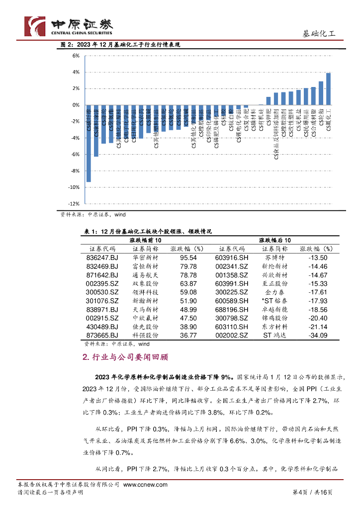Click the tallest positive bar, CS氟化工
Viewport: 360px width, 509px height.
click(328, 89)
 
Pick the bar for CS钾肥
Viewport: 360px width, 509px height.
click(269, 101)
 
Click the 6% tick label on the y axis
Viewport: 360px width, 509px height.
click(76, 56)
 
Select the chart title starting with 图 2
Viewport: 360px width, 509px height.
click(120, 45)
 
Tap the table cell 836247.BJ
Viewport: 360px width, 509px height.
click(102, 257)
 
